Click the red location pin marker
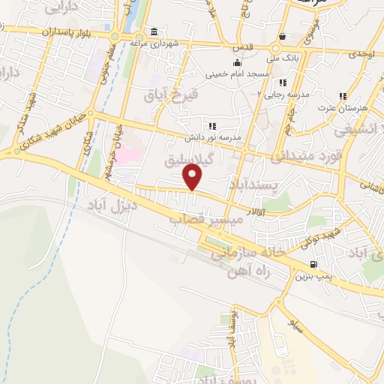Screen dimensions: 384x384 193,177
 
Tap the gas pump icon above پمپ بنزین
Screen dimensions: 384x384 312,264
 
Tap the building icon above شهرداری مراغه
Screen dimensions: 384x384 154,31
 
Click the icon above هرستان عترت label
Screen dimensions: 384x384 342,96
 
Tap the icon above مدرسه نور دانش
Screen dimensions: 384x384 212,126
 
